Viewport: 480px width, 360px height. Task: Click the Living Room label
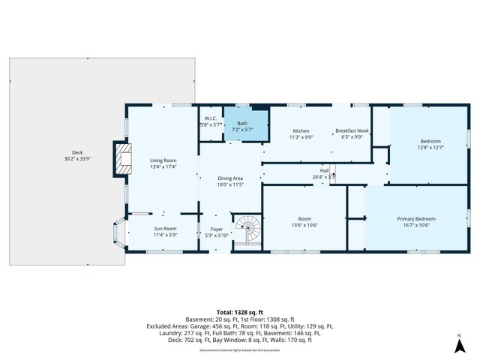coord(163,160)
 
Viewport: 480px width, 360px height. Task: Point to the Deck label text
coord(76,152)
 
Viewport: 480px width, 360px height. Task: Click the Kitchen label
coord(301,130)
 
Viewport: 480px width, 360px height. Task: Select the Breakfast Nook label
coord(351,130)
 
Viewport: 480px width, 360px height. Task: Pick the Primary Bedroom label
coord(415,219)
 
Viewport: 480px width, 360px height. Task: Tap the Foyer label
coord(216,229)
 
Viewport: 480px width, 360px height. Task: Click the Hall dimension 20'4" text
coord(324,177)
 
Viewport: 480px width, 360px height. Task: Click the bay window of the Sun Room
coord(118,232)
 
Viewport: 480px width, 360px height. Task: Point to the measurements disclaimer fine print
coord(239,350)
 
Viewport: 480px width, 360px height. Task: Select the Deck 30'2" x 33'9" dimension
coord(76,159)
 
